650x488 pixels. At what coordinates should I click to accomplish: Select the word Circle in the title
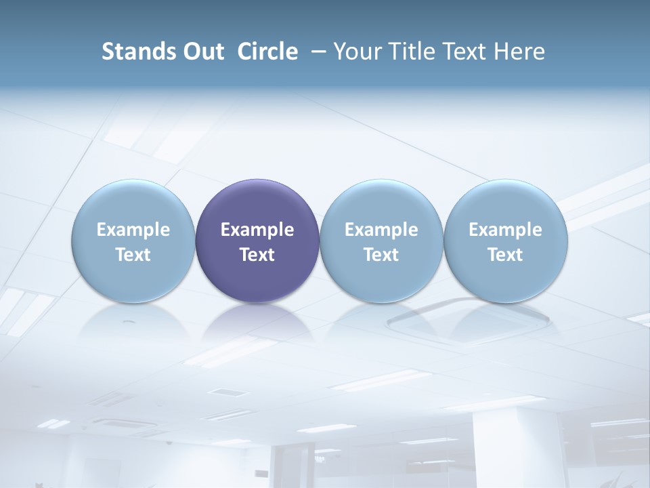point(267,52)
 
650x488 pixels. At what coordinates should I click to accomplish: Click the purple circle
point(257,203)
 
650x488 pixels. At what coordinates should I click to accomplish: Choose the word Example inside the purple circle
point(257,230)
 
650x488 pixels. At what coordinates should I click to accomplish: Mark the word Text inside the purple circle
point(257,255)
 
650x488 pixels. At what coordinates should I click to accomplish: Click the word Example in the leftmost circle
point(133,230)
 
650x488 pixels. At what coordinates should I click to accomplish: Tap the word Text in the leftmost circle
point(133,255)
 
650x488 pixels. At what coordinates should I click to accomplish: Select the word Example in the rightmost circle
point(505,230)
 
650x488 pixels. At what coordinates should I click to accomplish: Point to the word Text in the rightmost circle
point(505,255)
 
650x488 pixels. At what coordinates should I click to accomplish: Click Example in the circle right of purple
point(381,230)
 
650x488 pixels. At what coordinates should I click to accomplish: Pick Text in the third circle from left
point(381,255)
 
